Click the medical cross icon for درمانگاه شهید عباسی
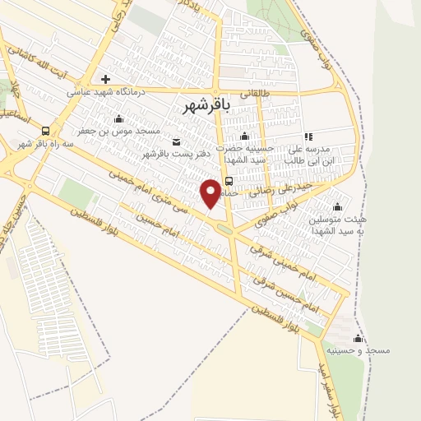point(105,80)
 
